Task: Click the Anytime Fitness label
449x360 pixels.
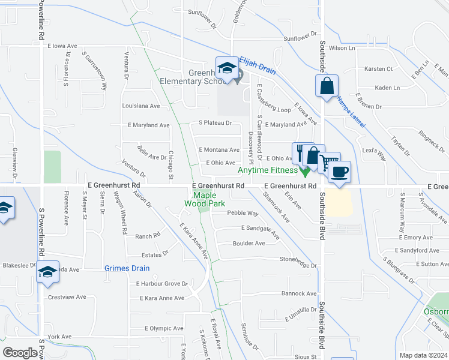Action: click(x=267, y=170)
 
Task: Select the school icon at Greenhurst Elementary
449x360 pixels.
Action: click(x=228, y=68)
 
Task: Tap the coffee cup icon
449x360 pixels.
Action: click(x=340, y=171)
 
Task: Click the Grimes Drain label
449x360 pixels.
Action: click(x=127, y=268)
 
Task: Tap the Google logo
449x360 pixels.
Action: click(x=20, y=353)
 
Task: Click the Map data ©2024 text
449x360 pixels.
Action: click(x=424, y=355)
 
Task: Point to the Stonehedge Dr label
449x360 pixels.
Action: click(x=298, y=265)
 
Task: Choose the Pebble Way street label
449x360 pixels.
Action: click(x=243, y=213)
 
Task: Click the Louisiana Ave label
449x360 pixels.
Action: click(x=141, y=106)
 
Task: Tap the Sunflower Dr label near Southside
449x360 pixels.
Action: click(x=300, y=37)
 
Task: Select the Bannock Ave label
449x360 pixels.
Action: click(x=298, y=293)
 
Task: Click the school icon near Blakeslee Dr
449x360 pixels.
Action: click(x=47, y=271)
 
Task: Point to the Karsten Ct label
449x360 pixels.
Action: click(x=378, y=69)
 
